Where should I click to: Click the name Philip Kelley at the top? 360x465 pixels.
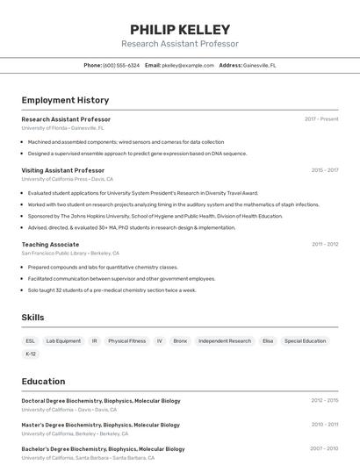point(180,30)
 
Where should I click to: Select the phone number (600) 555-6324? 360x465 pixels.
point(121,65)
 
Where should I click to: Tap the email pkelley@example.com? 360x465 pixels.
point(188,65)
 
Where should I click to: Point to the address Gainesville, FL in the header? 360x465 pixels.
point(259,65)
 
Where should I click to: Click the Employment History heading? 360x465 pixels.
point(65,100)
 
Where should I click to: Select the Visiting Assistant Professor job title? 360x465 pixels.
point(62,170)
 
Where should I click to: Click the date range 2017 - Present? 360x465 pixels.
point(321,118)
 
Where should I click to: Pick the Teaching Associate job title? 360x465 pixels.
point(50,245)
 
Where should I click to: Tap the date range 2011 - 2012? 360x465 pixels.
point(325,245)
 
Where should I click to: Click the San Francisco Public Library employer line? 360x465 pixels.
point(70,253)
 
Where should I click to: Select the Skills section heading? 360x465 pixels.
point(32,318)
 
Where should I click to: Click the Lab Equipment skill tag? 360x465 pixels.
point(63,340)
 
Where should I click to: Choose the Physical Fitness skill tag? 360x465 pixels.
point(127,340)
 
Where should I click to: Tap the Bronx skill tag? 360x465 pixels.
point(180,340)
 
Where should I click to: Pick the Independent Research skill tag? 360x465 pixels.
point(225,340)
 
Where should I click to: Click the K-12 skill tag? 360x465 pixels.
point(31,354)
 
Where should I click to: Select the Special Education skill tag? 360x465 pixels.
point(305,340)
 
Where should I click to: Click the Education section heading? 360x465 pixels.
point(43,382)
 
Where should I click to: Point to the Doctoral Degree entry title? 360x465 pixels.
point(101,401)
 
